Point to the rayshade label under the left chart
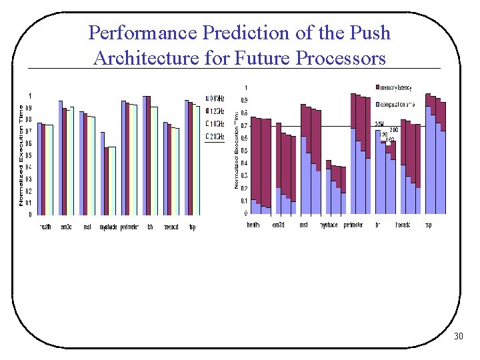[108, 227]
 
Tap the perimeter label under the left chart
[129, 227]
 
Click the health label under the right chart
[253, 225]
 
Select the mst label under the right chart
[303, 225]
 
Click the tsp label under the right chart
[428, 225]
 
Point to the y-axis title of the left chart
[21, 155]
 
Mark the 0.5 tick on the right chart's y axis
[243, 151]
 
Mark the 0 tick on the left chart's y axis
[29, 215]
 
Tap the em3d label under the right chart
[279, 225]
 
